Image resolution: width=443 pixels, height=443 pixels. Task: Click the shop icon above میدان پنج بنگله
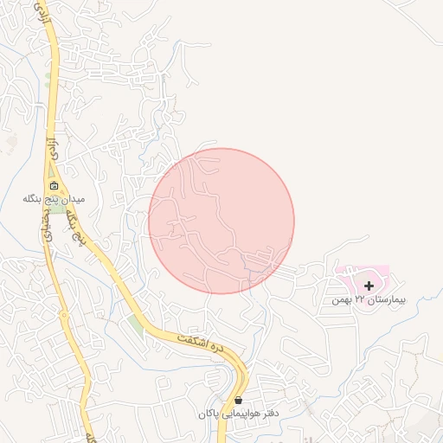pos(53,185)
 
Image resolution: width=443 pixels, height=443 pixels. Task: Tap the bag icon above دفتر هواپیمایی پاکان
pos(238,401)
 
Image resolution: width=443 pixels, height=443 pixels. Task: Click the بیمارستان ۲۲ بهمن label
pos(368,300)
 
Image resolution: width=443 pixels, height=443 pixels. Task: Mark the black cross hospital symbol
pos(369,286)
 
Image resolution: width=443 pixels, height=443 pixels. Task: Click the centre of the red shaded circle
pos(221,221)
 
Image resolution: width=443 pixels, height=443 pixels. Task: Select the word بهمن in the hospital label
pos(343,300)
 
